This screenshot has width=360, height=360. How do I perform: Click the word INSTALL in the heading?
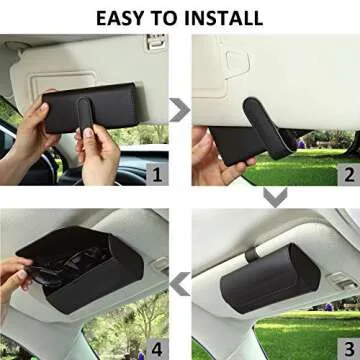(225, 17)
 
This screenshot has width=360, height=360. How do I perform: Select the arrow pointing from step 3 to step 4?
(181, 288)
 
